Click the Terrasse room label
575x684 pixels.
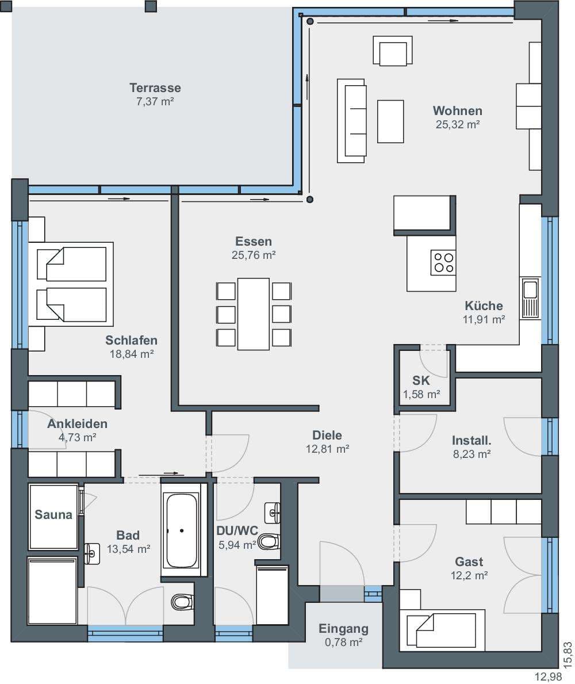[x=155, y=87]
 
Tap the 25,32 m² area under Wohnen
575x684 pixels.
[x=458, y=124]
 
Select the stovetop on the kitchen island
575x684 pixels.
[x=443, y=262]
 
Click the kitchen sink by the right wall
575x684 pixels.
[x=530, y=299]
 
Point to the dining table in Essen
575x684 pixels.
[x=253, y=314]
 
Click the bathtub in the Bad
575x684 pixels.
[x=181, y=530]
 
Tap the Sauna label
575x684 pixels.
[x=53, y=515]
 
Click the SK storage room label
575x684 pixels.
[x=421, y=380]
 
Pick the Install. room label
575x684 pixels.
[x=471, y=441]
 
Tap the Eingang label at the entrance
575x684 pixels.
[x=343, y=629]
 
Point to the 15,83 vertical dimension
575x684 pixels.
[x=567, y=655]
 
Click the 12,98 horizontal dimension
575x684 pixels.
[x=549, y=677]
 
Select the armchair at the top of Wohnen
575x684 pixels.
[x=393, y=51]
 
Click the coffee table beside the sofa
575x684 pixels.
[x=390, y=121]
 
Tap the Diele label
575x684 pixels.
[x=327, y=435]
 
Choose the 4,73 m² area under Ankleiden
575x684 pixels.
[x=78, y=437]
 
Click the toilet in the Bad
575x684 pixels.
[x=182, y=602]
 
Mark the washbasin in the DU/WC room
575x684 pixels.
[x=273, y=513]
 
